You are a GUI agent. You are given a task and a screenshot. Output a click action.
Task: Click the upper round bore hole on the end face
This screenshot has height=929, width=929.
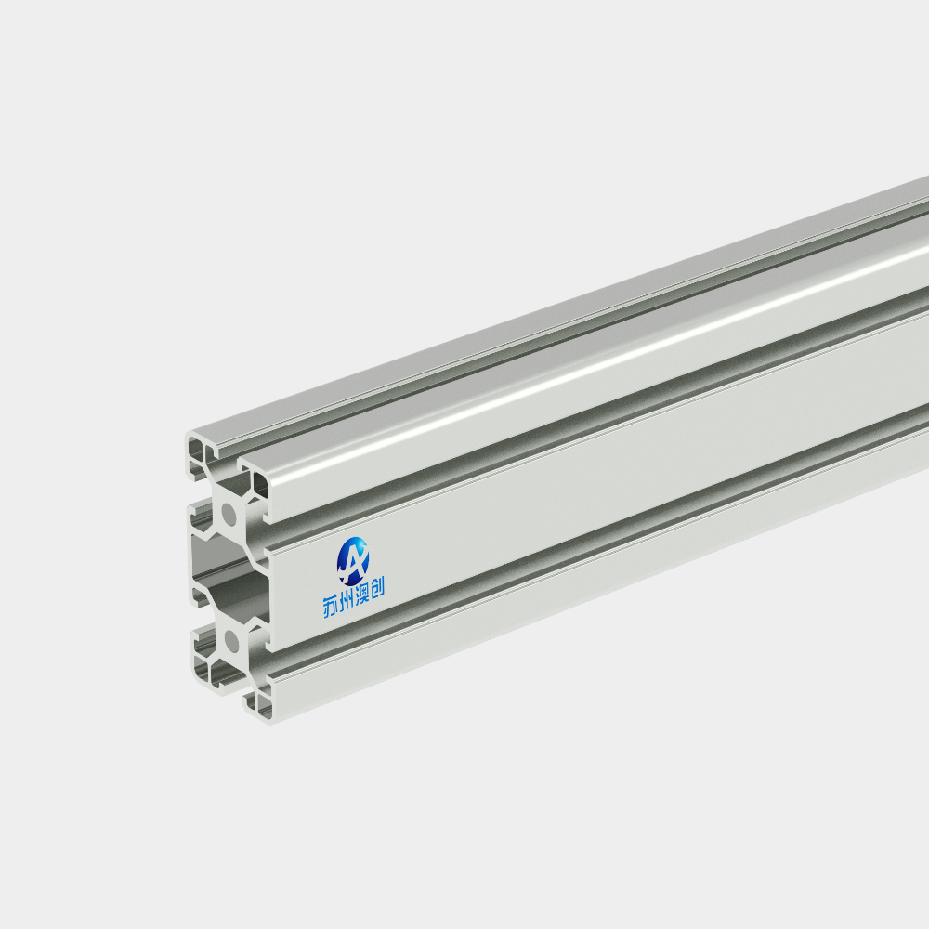pyautogui.click(x=229, y=514)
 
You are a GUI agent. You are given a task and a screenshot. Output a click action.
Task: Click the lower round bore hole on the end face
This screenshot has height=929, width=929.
pyautogui.click(x=231, y=642)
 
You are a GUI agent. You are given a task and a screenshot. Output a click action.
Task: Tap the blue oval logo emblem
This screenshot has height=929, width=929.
pyautogui.click(x=352, y=560)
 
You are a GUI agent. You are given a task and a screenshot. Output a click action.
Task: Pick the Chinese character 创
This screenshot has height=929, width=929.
pyautogui.click(x=377, y=588)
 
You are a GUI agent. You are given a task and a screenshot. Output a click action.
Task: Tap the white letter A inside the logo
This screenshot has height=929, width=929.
pyautogui.click(x=354, y=560)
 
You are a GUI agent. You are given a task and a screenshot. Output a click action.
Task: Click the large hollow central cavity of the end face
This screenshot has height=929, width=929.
pyautogui.click(x=229, y=578)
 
